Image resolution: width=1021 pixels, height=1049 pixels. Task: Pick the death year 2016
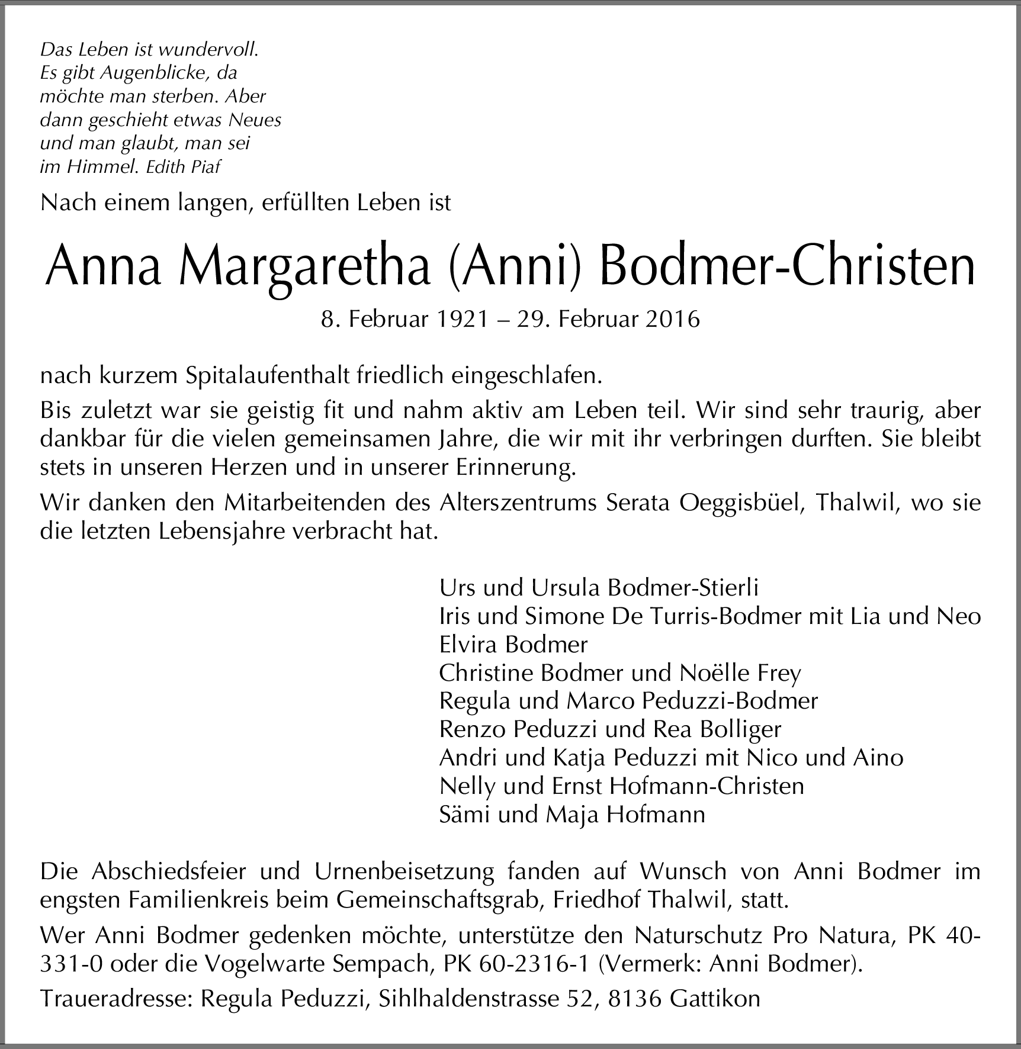673,320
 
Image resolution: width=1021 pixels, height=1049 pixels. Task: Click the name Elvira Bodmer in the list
513,645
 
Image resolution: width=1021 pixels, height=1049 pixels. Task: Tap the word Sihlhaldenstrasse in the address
468,999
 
